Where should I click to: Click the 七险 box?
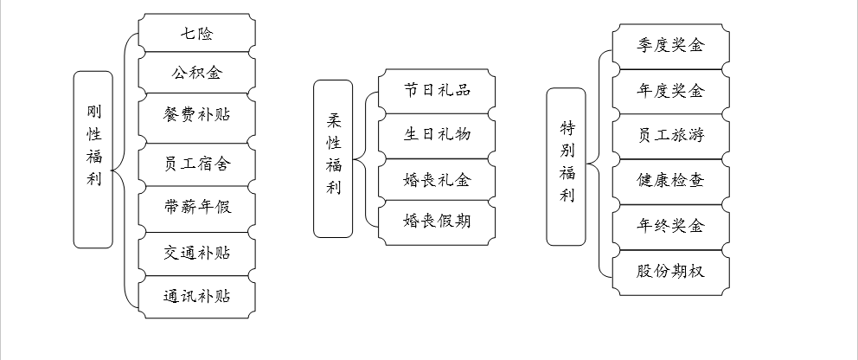click(x=197, y=35)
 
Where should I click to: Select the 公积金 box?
click(x=197, y=73)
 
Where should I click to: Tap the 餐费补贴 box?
click(x=197, y=114)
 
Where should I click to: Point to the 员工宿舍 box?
click(x=197, y=162)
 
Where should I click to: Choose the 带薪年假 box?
click(x=197, y=208)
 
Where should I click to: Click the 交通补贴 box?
click(x=197, y=254)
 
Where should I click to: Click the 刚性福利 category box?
click(x=94, y=159)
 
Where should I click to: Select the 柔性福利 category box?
click(x=333, y=158)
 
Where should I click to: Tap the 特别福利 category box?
click(x=567, y=167)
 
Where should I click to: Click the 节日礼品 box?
click(x=437, y=90)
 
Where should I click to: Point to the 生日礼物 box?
click(x=437, y=134)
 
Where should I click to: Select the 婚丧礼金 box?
click(x=437, y=181)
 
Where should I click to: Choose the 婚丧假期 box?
click(x=437, y=221)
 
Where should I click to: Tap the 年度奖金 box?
click(x=670, y=90)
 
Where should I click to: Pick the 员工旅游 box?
click(x=670, y=135)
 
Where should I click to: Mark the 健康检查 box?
click(x=670, y=180)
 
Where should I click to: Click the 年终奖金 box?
click(x=670, y=226)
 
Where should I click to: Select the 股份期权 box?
click(x=670, y=271)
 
